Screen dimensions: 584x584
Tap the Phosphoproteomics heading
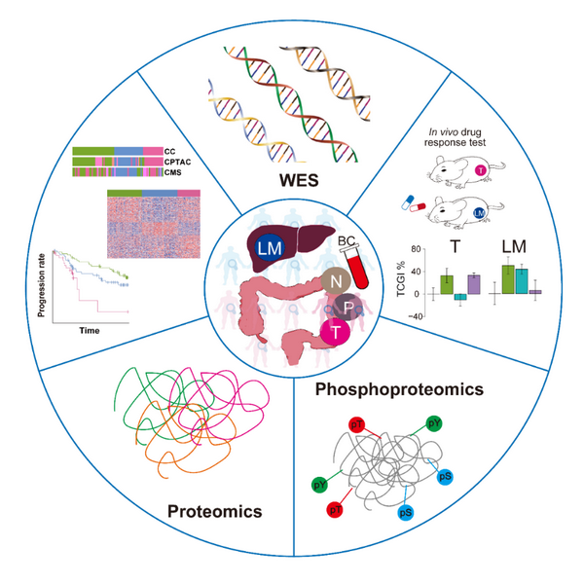[x=399, y=389]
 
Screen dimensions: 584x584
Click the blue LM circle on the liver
[x=265, y=250]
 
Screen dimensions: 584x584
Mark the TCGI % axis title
[x=402, y=277]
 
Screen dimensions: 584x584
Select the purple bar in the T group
[x=473, y=283]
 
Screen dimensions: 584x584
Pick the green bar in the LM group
[x=507, y=278]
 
